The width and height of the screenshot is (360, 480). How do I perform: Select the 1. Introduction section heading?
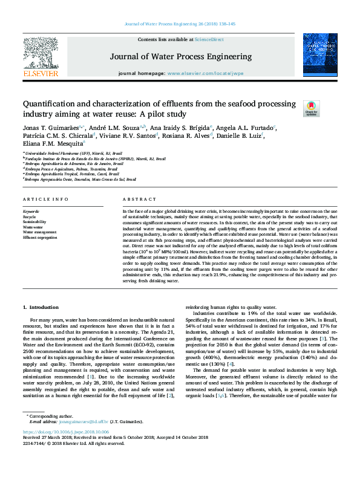pos(41,308)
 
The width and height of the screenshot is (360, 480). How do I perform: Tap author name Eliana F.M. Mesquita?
pos(52,144)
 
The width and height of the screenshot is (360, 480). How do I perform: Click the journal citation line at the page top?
pos(179,24)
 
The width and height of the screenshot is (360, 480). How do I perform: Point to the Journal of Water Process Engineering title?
pos(180,57)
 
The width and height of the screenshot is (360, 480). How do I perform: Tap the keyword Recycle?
pos(30,216)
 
